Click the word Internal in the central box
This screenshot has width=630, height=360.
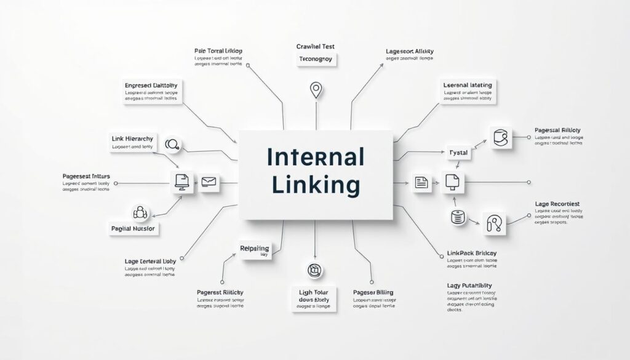click(x=315, y=158)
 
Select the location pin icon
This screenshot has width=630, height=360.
click(x=316, y=90)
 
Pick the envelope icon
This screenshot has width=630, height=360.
click(x=209, y=182)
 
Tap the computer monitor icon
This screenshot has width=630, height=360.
click(x=181, y=182)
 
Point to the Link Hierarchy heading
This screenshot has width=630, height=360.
click(x=132, y=138)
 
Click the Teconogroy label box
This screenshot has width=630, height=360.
click(x=315, y=59)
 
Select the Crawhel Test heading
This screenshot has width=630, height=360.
click(x=315, y=46)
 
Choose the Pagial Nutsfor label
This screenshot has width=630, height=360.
click(x=134, y=228)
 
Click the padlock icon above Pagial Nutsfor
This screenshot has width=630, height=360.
click(x=141, y=212)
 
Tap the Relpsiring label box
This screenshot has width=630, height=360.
click(x=254, y=249)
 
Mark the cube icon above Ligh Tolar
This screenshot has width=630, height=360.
click(x=314, y=270)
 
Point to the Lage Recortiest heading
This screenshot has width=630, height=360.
click(x=557, y=204)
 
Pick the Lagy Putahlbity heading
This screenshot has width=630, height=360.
click(x=469, y=286)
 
